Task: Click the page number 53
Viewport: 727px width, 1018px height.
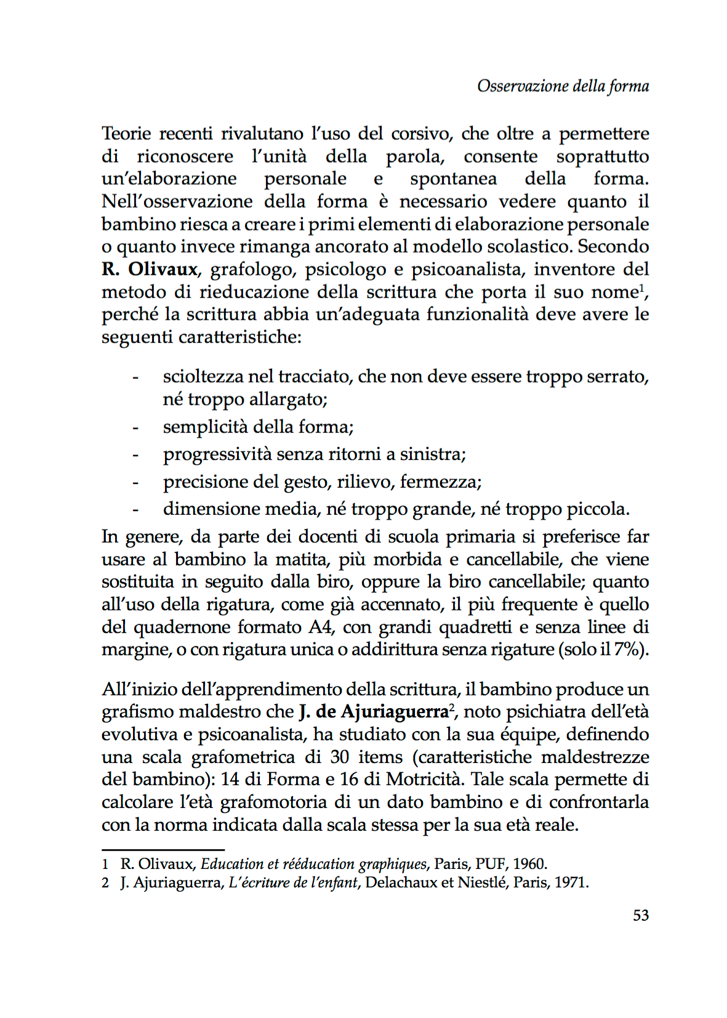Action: (641, 915)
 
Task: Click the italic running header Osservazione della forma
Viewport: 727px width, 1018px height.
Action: (563, 86)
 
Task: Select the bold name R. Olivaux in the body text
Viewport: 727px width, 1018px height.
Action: (150, 269)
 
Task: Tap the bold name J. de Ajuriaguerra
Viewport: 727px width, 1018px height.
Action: (373, 712)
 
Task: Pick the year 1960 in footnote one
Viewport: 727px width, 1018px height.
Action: (530, 864)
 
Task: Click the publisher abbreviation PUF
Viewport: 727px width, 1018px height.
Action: (491, 864)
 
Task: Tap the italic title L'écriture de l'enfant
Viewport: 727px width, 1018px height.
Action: (293, 883)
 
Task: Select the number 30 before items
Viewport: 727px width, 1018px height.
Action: (340, 757)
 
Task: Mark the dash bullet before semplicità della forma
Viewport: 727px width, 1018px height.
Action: (135, 427)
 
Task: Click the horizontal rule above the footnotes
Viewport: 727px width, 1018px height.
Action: (163, 850)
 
